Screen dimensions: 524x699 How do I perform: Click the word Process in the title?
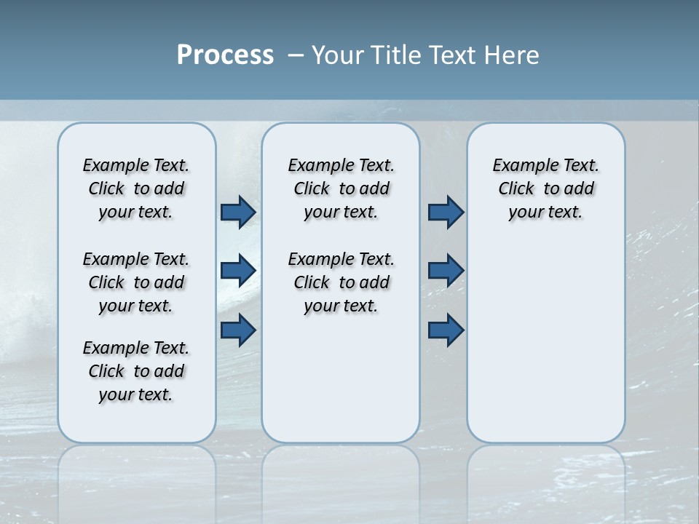click(225, 55)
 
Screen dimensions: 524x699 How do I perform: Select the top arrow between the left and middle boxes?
click(238, 212)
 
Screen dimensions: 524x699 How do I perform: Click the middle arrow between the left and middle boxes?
click(238, 271)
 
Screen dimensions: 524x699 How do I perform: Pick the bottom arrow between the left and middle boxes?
click(238, 330)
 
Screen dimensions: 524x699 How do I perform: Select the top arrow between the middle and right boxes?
click(446, 212)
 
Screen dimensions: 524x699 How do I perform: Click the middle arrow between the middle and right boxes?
click(446, 271)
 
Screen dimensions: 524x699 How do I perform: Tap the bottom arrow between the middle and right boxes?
click(446, 330)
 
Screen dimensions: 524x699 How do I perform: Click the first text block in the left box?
click(136, 188)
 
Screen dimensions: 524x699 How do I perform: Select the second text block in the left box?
click(136, 282)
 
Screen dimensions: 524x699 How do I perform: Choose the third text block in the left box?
click(136, 371)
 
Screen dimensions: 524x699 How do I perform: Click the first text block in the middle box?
click(341, 188)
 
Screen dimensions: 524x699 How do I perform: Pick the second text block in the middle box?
click(341, 282)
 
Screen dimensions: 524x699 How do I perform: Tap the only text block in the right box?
click(545, 188)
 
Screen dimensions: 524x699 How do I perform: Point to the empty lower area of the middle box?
click(341, 378)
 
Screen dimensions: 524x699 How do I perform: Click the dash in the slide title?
click(296, 55)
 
